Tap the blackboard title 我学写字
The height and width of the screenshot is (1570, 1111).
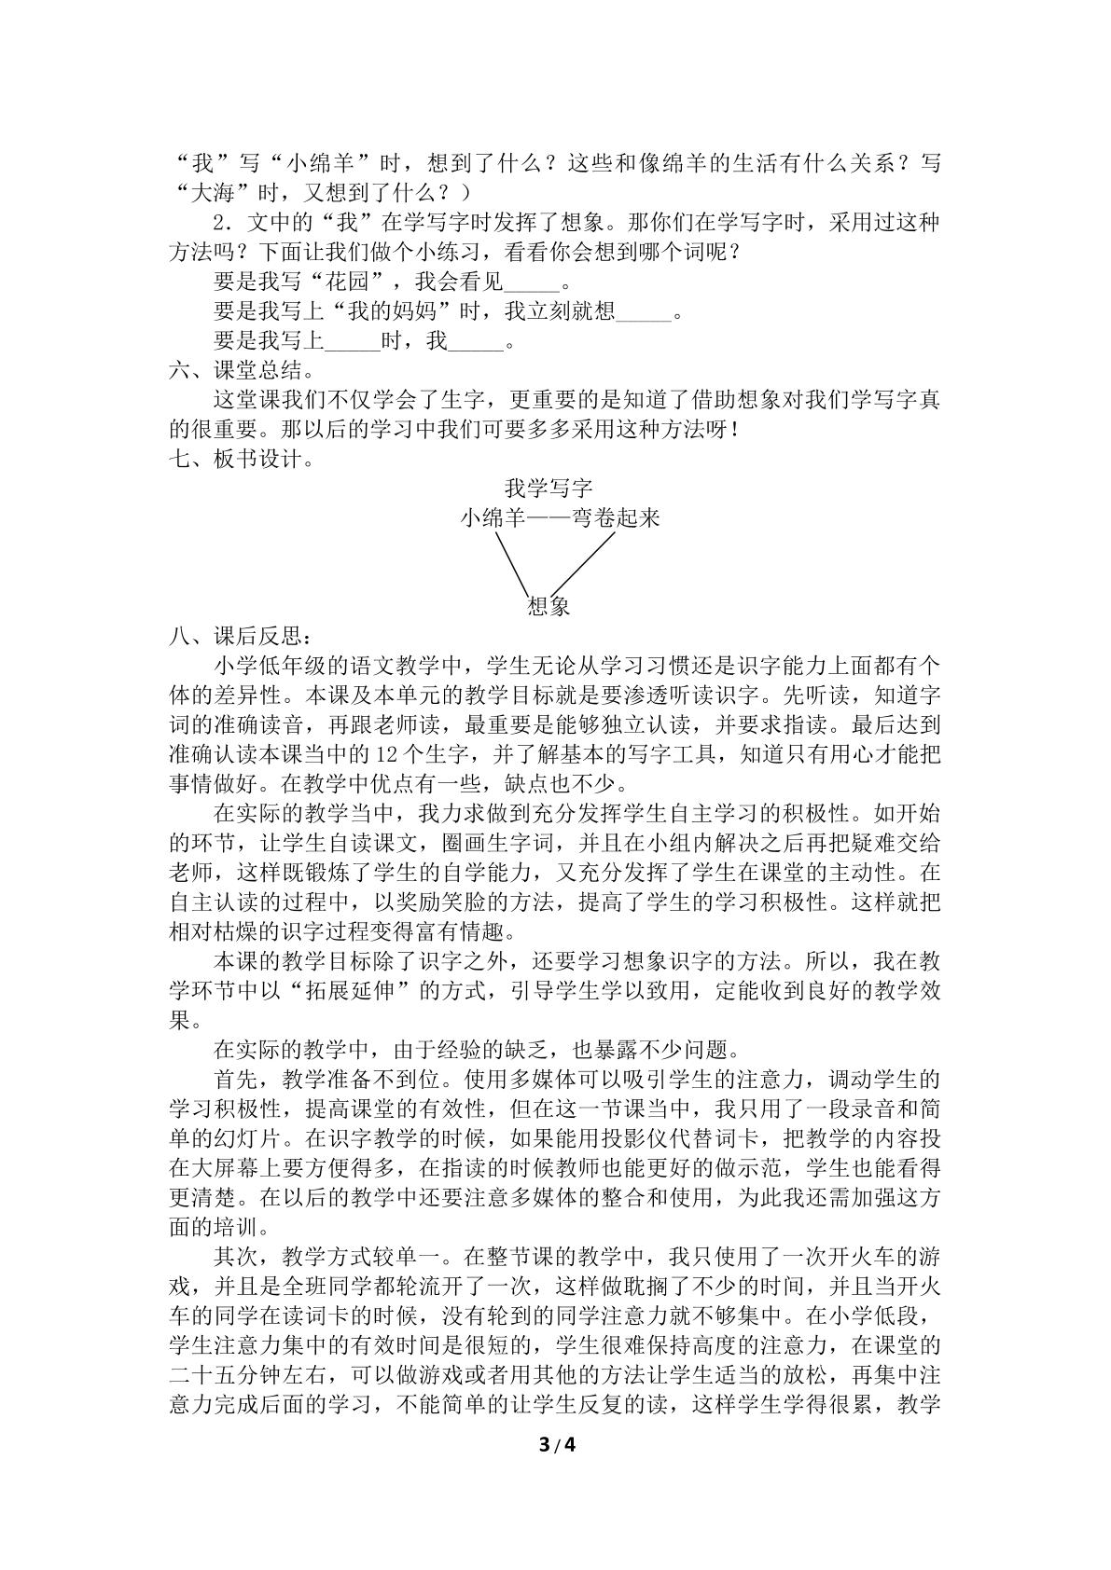click(548, 488)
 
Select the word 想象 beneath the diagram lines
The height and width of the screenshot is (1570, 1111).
click(549, 606)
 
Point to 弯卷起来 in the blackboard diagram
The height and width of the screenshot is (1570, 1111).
click(616, 518)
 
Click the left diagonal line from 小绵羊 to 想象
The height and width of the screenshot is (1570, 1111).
click(512, 561)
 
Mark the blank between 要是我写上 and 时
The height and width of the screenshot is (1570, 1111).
click(354, 342)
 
